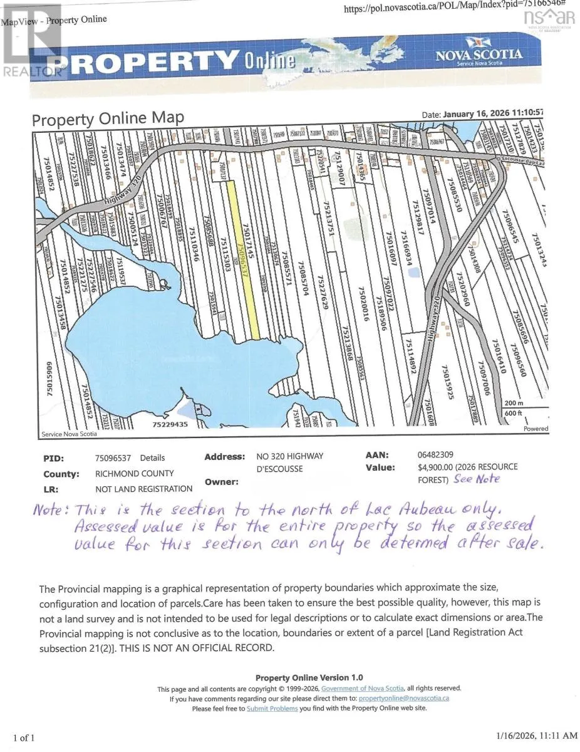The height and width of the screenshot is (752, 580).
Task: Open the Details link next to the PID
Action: pyautogui.click(x=152, y=458)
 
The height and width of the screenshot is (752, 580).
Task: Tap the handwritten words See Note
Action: pyautogui.click(x=495, y=479)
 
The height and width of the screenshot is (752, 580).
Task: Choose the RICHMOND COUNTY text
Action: pyautogui.click(x=135, y=474)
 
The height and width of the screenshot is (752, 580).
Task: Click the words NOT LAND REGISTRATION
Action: pyautogui.click(x=143, y=489)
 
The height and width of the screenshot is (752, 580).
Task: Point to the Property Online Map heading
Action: pyautogui.click(x=108, y=118)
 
